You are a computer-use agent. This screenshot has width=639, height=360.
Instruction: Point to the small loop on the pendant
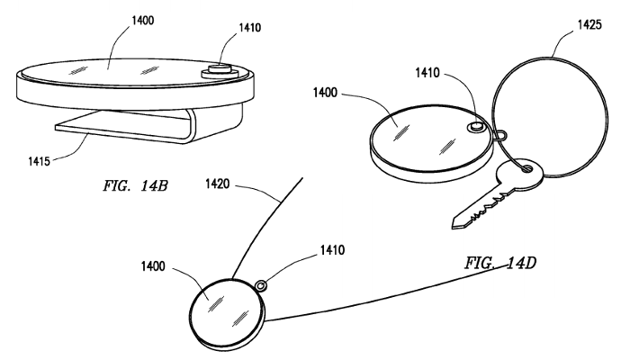260,285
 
